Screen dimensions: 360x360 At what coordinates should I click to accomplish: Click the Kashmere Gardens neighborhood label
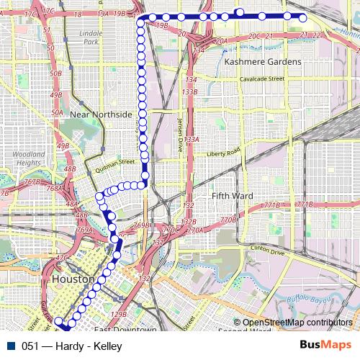click(263, 62)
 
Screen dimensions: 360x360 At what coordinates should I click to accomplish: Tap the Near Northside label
click(102, 114)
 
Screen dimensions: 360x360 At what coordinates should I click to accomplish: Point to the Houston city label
click(73, 279)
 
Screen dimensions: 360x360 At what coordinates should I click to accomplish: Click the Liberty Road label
click(222, 153)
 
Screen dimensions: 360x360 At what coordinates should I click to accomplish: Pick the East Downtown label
click(125, 330)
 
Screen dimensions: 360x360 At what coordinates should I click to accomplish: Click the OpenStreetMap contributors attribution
click(297, 323)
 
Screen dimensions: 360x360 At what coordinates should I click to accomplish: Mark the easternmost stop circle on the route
click(303, 18)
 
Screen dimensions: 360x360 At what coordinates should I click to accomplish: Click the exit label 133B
click(190, 92)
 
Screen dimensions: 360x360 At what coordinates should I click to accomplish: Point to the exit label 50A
click(57, 113)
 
